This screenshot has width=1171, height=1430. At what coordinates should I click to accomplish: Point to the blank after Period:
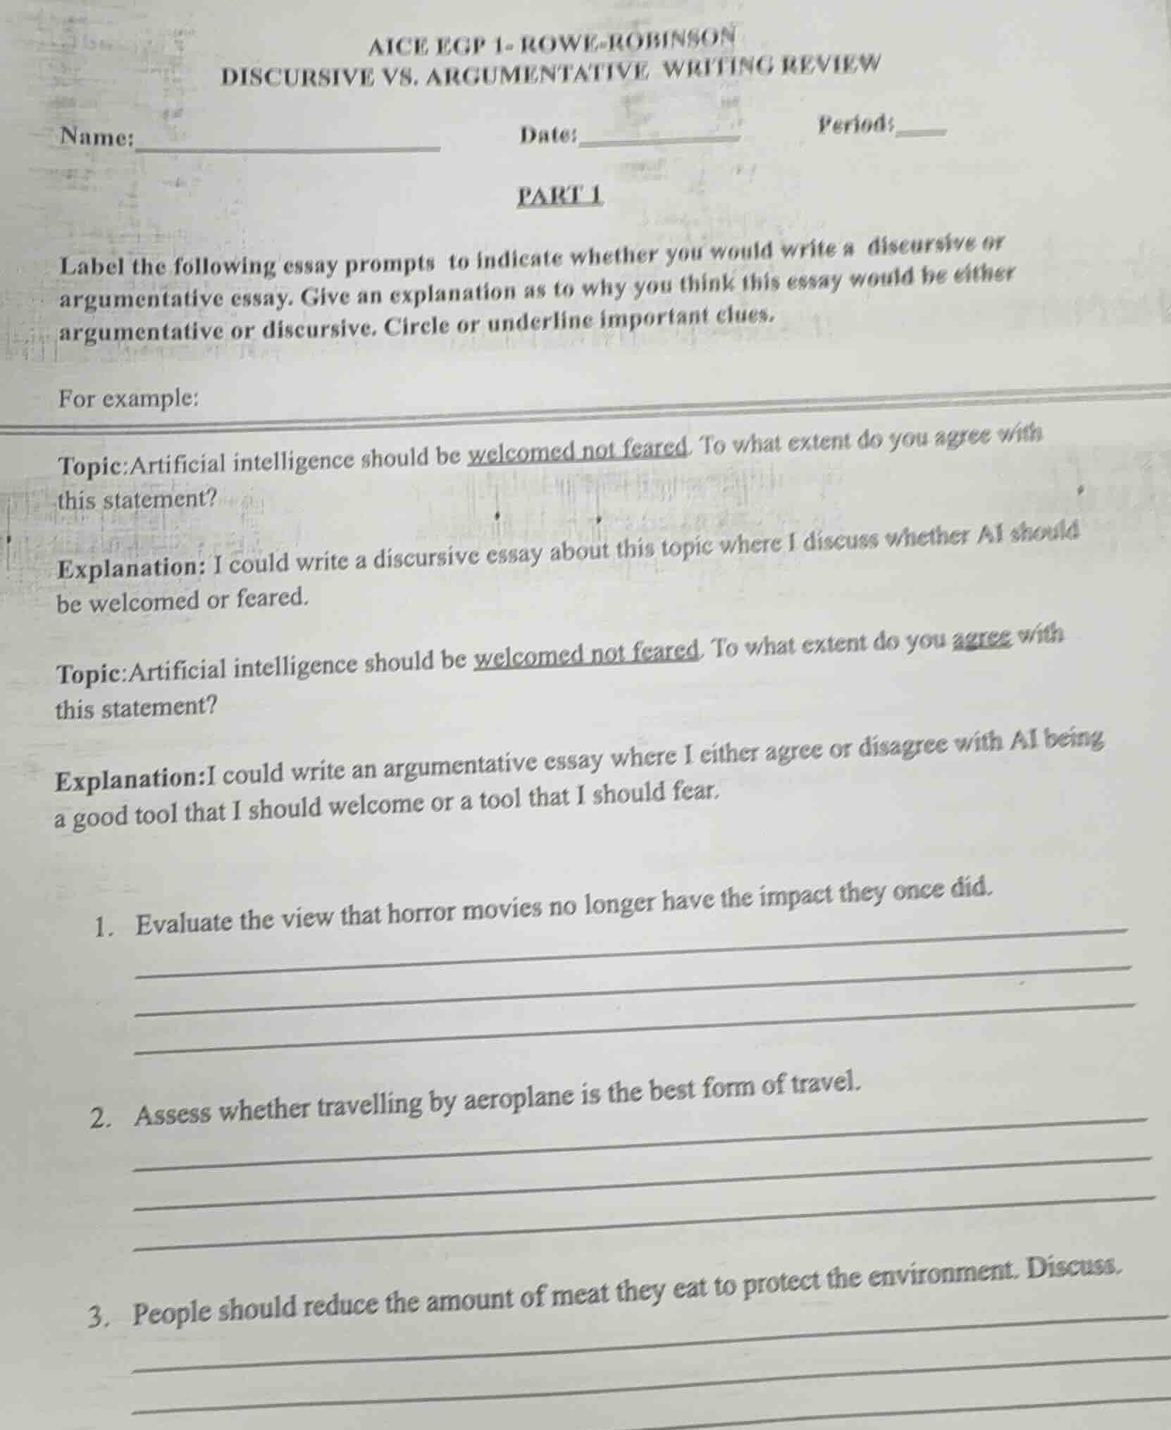click(920, 130)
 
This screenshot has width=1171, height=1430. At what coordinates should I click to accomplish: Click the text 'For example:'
click(128, 399)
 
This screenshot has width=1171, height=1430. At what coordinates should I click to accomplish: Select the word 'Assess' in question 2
click(173, 1114)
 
